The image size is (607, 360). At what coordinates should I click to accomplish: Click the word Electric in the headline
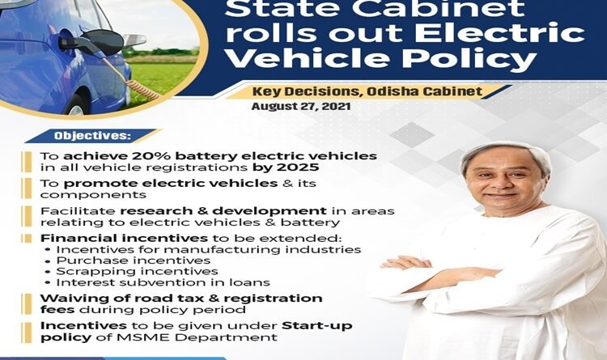pyautogui.click(x=500, y=32)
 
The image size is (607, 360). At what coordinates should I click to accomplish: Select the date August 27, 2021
pyautogui.click(x=301, y=107)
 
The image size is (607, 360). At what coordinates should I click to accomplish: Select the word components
pyautogui.click(x=93, y=195)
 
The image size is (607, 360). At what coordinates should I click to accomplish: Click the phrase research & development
pyautogui.click(x=223, y=211)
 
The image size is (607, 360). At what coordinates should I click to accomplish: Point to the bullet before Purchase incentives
pyautogui.click(x=48, y=261)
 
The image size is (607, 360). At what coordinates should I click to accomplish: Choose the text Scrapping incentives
pyautogui.click(x=137, y=271)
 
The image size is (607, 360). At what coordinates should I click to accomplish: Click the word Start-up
pyautogui.click(x=317, y=326)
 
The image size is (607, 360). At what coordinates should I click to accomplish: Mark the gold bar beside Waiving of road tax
pyautogui.click(x=27, y=304)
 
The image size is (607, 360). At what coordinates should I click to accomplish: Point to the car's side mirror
pyautogui.click(x=134, y=40)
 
